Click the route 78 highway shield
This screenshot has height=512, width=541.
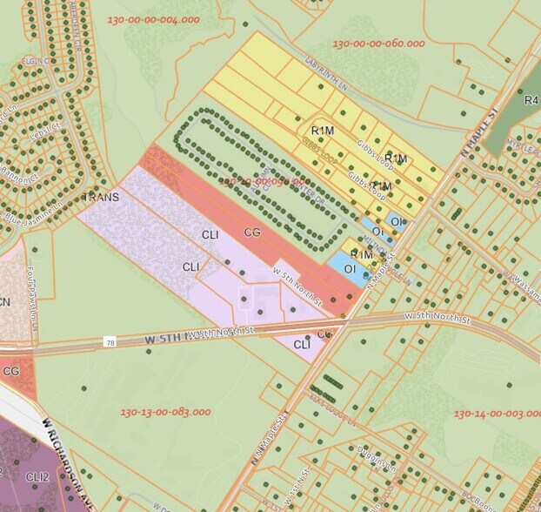point(110,341)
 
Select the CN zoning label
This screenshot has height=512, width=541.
point(5,302)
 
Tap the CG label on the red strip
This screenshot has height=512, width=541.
point(252,232)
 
